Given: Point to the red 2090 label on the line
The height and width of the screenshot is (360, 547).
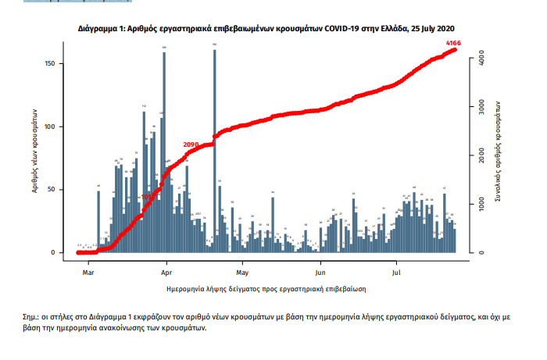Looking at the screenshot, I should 191,145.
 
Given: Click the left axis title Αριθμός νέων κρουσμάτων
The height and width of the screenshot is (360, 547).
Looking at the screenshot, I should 36,154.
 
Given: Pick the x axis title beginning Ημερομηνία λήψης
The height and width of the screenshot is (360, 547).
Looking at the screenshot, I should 267,288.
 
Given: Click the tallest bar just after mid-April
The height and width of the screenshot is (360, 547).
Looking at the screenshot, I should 214,148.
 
